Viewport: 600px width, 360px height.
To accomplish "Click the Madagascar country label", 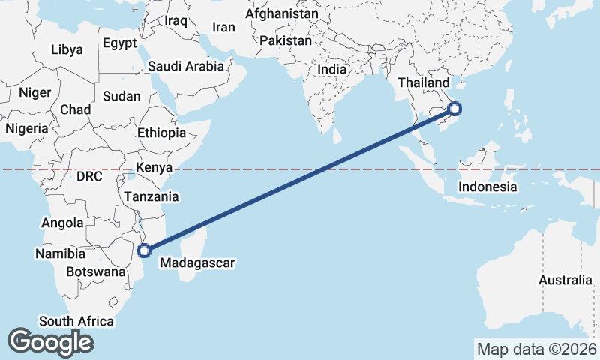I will [198, 263].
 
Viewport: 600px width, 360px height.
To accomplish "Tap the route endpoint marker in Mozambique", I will [145, 250].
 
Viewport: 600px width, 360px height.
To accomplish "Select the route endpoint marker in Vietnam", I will [454, 109].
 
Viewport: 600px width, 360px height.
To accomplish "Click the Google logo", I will [50, 341].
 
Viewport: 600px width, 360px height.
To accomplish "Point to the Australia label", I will [565, 280].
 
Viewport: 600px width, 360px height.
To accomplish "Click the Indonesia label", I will [487, 187].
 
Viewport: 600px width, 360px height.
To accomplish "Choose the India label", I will [332, 69].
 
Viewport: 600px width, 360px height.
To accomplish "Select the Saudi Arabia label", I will [185, 66].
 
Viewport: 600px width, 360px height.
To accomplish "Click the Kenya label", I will [154, 167].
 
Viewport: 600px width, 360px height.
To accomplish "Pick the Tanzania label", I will [151, 197].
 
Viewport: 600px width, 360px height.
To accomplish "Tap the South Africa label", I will [76, 322].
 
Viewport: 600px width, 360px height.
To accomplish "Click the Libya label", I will [67, 50].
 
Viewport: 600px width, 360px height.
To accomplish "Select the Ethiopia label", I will [161, 133].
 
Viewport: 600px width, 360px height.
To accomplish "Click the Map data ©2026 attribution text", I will [536, 349].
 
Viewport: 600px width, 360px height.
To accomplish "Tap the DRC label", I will [88, 176].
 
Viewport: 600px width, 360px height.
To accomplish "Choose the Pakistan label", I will [286, 40].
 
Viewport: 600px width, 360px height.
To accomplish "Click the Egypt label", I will [120, 43].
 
